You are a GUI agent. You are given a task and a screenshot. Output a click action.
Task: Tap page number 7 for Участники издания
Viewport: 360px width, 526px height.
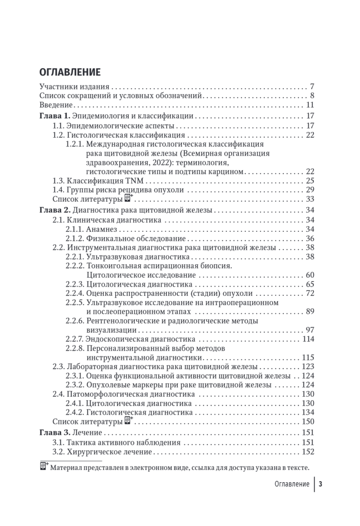pyautogui.click(x=312, y=86)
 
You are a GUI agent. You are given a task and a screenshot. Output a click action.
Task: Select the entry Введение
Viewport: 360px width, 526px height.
pyautogui.click(x=56, y=105)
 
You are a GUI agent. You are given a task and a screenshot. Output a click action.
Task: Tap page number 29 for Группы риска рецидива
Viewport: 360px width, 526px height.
pyautogui.click(x=311, y=190)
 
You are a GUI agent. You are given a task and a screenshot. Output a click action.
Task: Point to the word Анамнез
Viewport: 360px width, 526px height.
pyautogui.click(x=102, y=229)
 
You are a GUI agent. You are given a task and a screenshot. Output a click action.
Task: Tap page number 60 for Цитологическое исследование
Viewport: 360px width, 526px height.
pyautogui.click(x=311, y=275)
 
